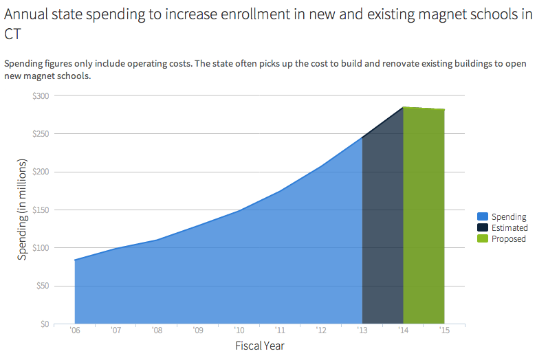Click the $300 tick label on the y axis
pyautogui.click(x=41, y=95)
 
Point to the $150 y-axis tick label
pyautogui.click(x=41, y=210)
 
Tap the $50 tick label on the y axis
pyautogui.click(x=42, y=286)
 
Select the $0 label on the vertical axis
pyautogui.click(x=45, y=324)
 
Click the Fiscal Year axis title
pyautogui.click(x=259, y=346)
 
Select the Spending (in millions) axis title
pyautogui.click(x=22, y=210)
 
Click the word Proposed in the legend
pyautogui.click(x=508, y=239)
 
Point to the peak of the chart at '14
pyautogui.click(x=403, y=107)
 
